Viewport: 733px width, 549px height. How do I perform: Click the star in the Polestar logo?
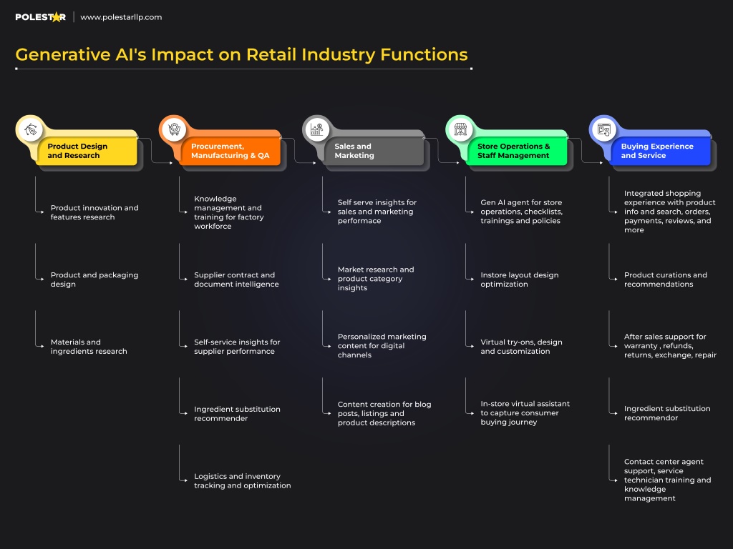coord(57,17)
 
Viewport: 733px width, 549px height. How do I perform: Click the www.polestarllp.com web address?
coord(121,17)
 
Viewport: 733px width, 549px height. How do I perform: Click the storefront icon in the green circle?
coord(460,129)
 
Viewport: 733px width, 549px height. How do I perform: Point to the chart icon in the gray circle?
coord(317,129)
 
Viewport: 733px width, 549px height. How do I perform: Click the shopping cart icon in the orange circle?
coord(174,129)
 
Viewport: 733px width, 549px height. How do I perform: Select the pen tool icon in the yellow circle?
coord(30,129)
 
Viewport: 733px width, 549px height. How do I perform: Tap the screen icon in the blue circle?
coord(604,129)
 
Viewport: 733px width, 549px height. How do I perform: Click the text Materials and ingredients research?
coord(89,347)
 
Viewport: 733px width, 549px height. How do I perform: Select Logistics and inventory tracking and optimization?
coord(242,481)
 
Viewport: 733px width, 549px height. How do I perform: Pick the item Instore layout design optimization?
coord(520,280)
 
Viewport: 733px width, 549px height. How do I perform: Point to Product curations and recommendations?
coord(665,280)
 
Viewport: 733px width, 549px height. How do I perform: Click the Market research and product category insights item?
coord(376,279)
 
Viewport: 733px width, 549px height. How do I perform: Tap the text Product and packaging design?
coord(94,280)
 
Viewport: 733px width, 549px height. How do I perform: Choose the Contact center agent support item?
coord(668,480)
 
